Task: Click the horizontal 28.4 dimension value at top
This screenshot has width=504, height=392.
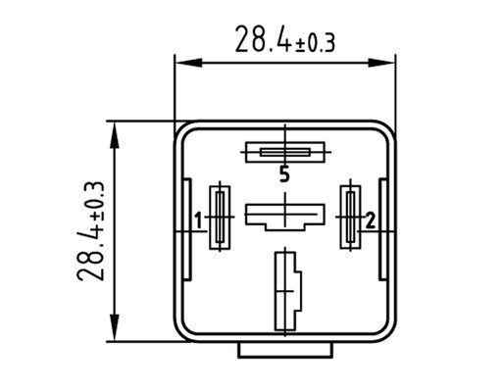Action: coord(263,39)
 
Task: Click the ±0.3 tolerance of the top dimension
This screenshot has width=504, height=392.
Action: coord(315,44)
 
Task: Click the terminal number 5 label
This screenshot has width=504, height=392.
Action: coord(284,173)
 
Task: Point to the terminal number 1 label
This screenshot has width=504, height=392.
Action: coord(198,220)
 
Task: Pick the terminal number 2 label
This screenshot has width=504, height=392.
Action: coord(371,220)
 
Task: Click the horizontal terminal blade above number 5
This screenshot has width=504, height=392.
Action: coord(285,152)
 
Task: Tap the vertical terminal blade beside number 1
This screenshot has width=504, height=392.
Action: coord(220,218)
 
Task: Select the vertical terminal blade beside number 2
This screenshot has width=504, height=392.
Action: coord(350,217)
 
